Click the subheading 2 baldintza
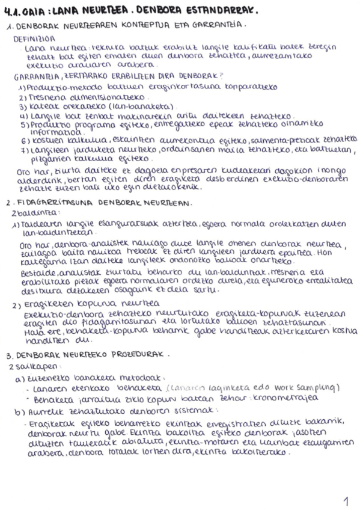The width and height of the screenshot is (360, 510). [27, 213]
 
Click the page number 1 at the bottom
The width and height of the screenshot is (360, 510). [345, 499]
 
